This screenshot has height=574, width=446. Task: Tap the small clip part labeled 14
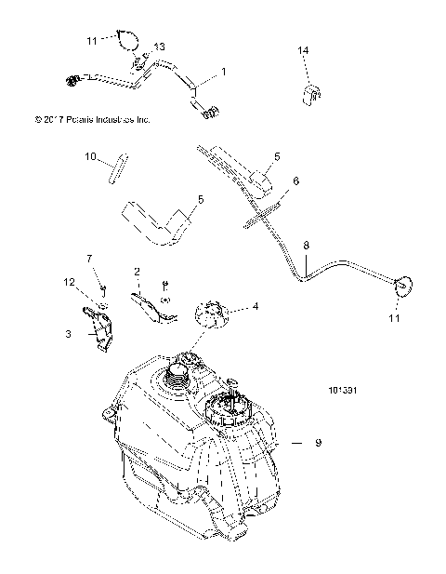tap(313, 93)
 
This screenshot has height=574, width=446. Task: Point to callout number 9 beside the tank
tap(318, 444)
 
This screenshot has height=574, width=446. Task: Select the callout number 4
tap(256, 306)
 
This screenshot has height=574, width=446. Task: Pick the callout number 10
tap(117, 158)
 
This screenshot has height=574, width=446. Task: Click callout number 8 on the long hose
tap(307, 245)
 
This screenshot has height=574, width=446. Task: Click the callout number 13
tap(159, 47)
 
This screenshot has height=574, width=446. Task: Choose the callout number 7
tap(90, 258)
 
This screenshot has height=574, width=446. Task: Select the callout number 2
tap(137, 272)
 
